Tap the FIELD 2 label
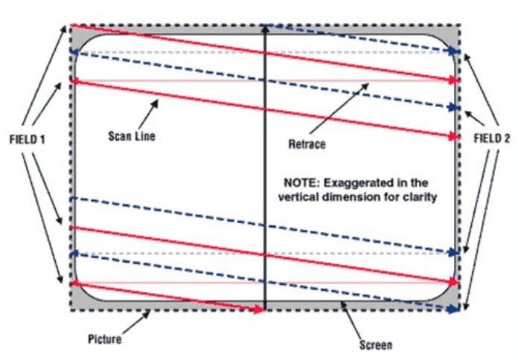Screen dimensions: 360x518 pos(492,138)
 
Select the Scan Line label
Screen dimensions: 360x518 pos(128,135)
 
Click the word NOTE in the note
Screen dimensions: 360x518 pos(301,182)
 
